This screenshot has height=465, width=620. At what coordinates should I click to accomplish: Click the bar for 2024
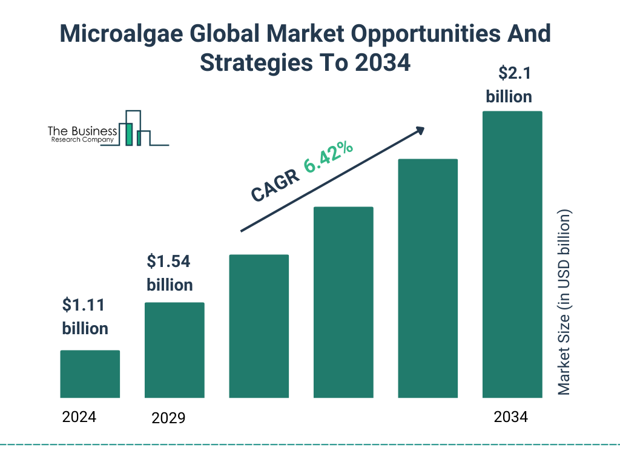pos(90,374)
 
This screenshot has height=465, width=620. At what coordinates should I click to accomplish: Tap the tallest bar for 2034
pos(512,254)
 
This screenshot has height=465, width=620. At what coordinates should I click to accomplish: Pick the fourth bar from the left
pos(343,302)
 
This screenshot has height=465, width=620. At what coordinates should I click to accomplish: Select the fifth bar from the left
pos(427,279)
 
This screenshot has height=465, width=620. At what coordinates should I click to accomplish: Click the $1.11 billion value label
pos(85,317)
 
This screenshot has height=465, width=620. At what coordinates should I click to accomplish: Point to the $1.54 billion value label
pos(170,273)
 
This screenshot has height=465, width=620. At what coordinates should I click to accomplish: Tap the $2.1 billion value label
pos(509,85)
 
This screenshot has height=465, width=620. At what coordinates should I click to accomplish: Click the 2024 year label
pos(79,417)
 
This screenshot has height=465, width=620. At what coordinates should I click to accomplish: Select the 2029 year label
pos(168,418)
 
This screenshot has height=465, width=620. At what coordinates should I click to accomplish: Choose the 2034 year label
pos(510,417)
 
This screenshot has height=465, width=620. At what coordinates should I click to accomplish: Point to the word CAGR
pos(275,185)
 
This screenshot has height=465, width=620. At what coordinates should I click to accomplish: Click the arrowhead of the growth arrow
pos(419,130)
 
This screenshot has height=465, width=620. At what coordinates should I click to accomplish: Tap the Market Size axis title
pos(564,302)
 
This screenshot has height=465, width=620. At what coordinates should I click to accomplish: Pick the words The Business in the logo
pos(82,131)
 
